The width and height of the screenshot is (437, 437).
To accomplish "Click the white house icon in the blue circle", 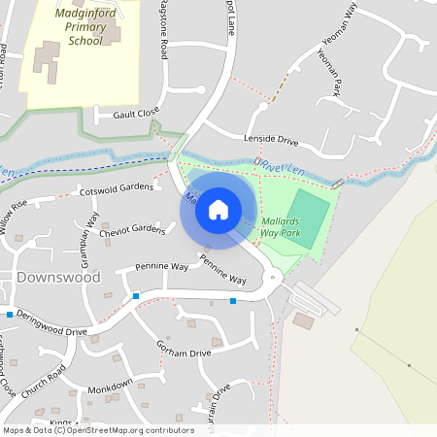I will click(x=218, y=209).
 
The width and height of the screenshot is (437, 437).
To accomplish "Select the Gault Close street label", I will click(x=135, y=114).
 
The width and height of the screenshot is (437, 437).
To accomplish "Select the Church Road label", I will click(x=44, y=382).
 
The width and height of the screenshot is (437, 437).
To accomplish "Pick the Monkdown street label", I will click(x=109, y=387).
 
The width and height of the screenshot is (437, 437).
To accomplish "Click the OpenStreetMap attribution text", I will click(x=97, y=430).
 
